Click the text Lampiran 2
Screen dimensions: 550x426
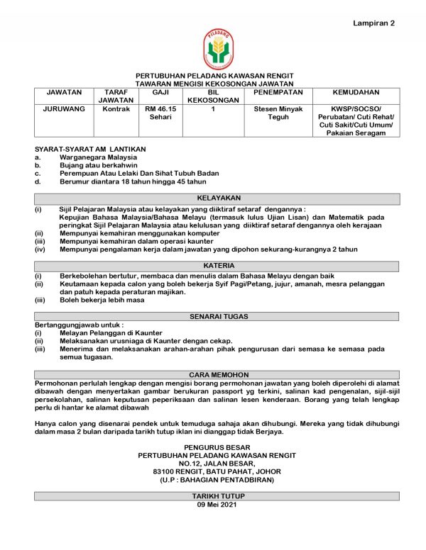point(373,23)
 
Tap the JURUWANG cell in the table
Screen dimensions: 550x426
point(64,109)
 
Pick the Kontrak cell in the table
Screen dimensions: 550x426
point(115,109)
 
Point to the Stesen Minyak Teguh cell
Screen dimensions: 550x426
point(278,113)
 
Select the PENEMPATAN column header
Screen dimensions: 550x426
point(278,92)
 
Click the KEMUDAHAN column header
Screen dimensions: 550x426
point(356,92)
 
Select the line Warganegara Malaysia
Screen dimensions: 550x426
point(98,156)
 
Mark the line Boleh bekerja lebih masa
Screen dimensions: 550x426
point(102,300)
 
